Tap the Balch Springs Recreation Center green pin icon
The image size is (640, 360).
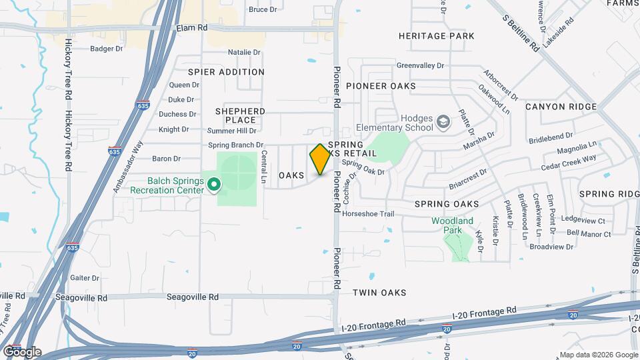[x=214, y=183]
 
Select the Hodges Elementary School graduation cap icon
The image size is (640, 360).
[x=443, y=123]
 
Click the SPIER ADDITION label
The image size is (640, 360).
[x=226, y=72]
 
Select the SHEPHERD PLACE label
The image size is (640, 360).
[x=240, y=115]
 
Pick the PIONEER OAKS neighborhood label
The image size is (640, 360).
[x=380, y=86]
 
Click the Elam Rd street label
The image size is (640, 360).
[x=192, y=28]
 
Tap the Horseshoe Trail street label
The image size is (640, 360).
[x=368, y=214]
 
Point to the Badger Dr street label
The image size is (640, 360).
[x=107, y=49]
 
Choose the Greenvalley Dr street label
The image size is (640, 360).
[x=420, y=66]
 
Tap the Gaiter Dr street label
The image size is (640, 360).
[x=85, y=278]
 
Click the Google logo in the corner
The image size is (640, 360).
[x=22, y=351]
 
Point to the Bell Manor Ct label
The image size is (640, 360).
[x=589, y=234]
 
